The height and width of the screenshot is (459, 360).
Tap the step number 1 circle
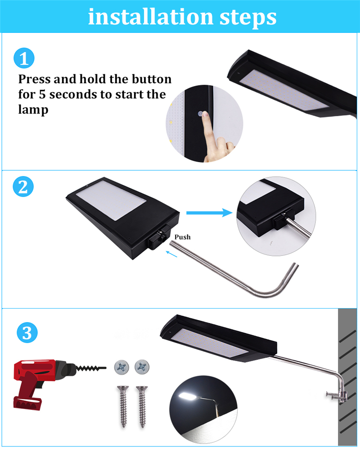pyautogui.click(x=24, y=59)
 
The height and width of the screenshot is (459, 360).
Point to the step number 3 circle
pyautogui.click(x=27, y=333)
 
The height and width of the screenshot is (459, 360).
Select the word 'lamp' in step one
pyautogui.click(x=33, y=110)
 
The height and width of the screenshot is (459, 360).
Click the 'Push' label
pyautogui.click(x=182, y=237)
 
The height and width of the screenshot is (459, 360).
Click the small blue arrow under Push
pyautogui.click(x=171, y=254)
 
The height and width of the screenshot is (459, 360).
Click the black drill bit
pyautogui.click(x=92, y=368)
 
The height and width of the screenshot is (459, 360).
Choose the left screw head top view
pyautogui.click(x=121, y=366)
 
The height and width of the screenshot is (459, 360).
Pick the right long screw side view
pyautogui.click(x=142, y=405)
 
